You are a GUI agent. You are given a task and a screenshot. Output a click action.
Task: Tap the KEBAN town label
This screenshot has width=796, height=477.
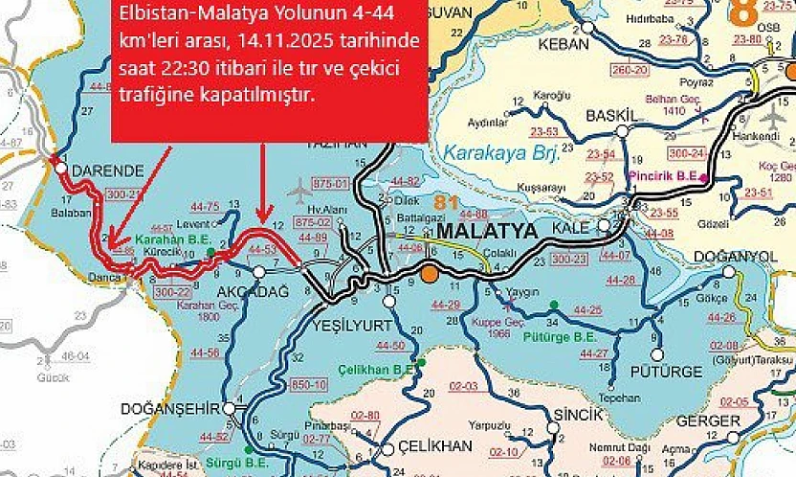point(564,45)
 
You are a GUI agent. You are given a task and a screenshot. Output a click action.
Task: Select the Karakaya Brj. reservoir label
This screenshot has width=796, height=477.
point(491,151)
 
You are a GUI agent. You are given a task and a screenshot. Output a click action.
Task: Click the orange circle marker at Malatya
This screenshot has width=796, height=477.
point(430,274)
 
